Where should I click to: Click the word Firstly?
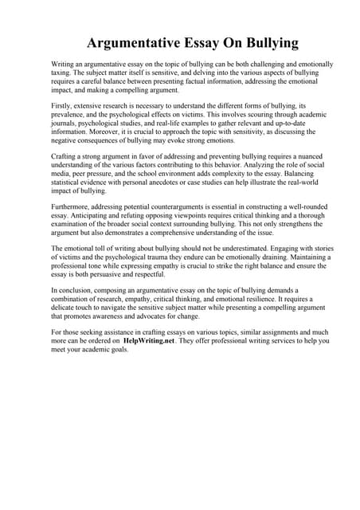[x=61, y=105]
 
